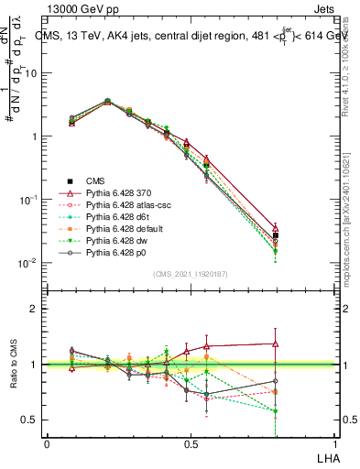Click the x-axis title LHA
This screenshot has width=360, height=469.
pos(326,457)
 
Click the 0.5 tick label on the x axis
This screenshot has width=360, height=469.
pos(190,444)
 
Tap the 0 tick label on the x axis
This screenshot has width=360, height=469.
pos(47,444)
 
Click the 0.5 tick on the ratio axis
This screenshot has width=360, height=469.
pos(29,420)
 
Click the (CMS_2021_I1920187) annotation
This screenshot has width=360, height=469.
pos(190,274)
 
